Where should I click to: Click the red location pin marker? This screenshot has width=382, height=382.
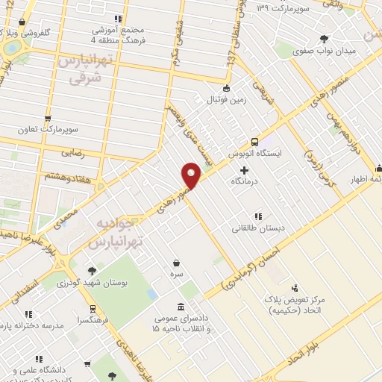tap(192, 175)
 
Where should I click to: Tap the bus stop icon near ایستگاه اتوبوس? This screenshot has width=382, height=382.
tap(255, 141)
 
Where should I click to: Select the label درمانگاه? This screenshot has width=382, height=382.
tap(244, 181)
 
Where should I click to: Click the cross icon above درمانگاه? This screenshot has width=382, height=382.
tap(244, 170)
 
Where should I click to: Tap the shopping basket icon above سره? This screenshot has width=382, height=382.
tap(176, 263)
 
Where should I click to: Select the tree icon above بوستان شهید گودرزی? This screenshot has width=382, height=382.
tap(92, 272)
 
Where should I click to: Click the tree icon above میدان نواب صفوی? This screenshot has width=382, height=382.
tap(324, 39)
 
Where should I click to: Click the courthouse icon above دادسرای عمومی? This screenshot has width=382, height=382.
tap(182, 306)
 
